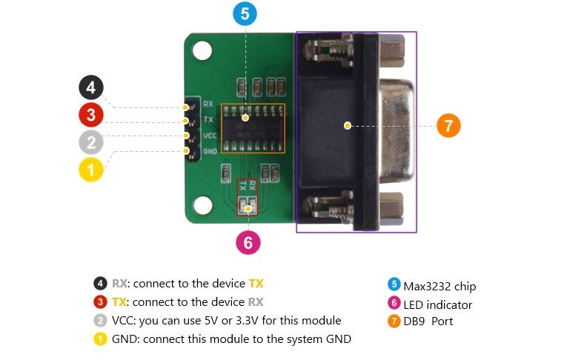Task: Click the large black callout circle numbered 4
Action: (91, 88)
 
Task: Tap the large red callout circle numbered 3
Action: (91, 115)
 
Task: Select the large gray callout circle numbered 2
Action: (91, 142)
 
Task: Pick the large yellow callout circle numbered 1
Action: (91, 169)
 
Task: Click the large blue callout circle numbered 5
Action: (245, 13)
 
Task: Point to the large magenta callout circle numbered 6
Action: (248, 241)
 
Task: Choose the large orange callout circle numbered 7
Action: (448, 125)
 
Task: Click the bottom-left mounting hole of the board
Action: (202, 204)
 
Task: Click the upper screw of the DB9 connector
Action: (327, 51)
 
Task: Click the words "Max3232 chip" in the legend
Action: (439, 287)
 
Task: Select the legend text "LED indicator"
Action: (437, 304)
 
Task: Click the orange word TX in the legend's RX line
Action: (256, 284)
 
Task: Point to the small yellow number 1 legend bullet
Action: (100, 339)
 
